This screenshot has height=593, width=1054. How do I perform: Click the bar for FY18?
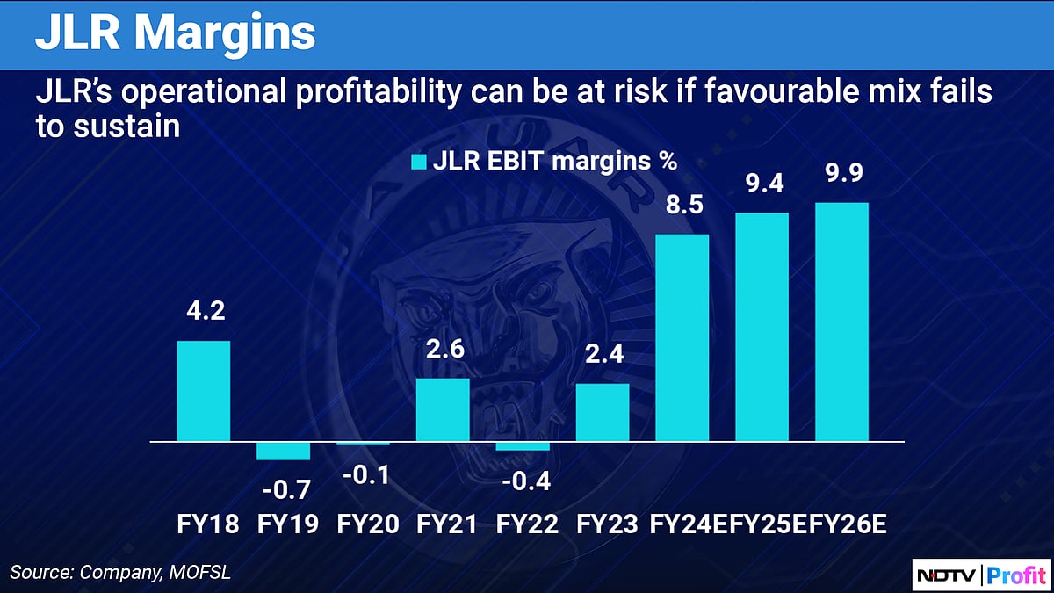204,391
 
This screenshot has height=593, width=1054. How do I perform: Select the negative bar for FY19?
283,450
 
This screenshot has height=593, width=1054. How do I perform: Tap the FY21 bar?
443,409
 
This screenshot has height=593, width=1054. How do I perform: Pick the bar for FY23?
603,412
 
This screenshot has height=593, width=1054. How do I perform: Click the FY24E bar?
682,337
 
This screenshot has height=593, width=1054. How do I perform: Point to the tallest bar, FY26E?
841,322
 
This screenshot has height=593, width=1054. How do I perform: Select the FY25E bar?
762,327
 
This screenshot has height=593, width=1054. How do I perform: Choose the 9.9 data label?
841,174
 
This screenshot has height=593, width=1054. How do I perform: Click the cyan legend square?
419,162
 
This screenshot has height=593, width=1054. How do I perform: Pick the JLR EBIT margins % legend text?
555,162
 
